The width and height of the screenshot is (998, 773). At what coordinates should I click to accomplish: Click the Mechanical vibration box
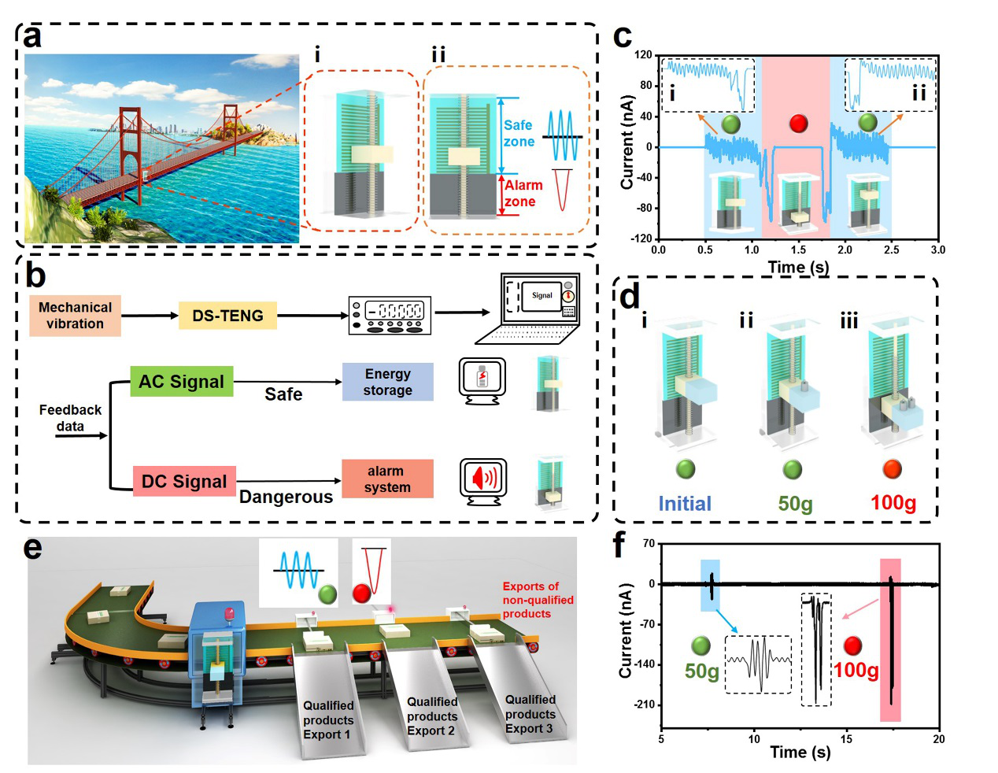(x=75, y=316)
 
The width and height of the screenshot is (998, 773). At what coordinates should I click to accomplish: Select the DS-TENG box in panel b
(x=227, y=316)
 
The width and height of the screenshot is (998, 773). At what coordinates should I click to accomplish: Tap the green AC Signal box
(x=181, y=382)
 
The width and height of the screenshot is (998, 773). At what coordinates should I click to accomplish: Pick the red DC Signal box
(x=184, y=482)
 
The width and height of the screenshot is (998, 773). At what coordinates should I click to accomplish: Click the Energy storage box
(x=387, y=382)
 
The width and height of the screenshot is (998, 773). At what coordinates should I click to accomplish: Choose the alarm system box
(x=386, y=479)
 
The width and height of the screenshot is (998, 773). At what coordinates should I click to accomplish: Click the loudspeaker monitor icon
(x=483, y=481)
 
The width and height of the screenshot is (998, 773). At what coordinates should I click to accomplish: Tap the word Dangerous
(x=286, y=497)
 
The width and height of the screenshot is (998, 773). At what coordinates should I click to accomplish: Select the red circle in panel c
(x=798, y=123)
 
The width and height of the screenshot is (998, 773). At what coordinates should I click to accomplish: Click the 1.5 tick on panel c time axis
(x=798, y=250)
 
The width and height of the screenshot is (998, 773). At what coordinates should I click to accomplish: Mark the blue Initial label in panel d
(x=685, y=504)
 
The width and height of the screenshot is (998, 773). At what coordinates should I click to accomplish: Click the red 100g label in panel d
(x=893, y=503)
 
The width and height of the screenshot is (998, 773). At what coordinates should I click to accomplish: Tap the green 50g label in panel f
(x=701, y=671)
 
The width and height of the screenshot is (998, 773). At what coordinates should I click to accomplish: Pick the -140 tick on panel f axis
(x=645, y=664)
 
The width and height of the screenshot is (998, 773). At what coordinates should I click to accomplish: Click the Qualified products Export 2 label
(x=431, y=716)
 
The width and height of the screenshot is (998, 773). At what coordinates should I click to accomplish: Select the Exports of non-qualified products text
(x=538, y=600)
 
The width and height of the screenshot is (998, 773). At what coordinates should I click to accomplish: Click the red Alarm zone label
(x=523, y=194)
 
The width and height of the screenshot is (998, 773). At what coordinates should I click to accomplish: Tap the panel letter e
(x=33, y=548)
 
